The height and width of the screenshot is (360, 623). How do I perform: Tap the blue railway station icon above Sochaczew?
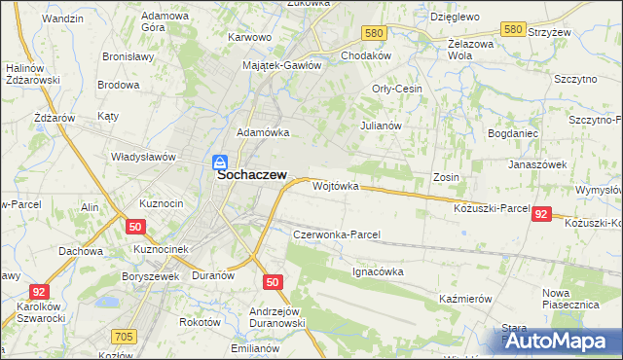point(220,162)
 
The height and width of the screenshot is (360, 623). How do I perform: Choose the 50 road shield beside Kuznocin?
point(135,226)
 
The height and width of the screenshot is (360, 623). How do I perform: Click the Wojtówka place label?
point(336,185)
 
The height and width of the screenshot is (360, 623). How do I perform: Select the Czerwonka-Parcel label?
point(336,234)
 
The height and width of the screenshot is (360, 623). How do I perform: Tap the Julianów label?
point(381,126)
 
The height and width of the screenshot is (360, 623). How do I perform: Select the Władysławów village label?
point(143,156)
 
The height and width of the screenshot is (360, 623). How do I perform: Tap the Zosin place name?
point(446,177)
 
